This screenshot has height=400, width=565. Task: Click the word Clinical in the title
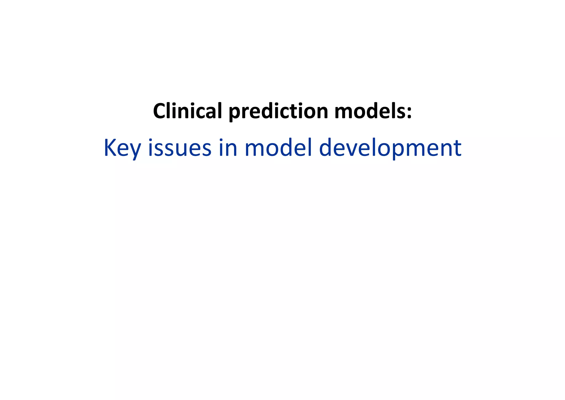tap(187, 111)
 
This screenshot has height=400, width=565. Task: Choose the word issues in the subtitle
tap(180, 148)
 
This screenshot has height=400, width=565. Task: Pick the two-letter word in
tap(228, 148)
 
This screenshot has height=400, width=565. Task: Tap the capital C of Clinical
tap(160, 111)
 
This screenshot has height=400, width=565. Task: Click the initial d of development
tap(326, 148)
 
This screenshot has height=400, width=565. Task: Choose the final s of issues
tap(206, 149)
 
